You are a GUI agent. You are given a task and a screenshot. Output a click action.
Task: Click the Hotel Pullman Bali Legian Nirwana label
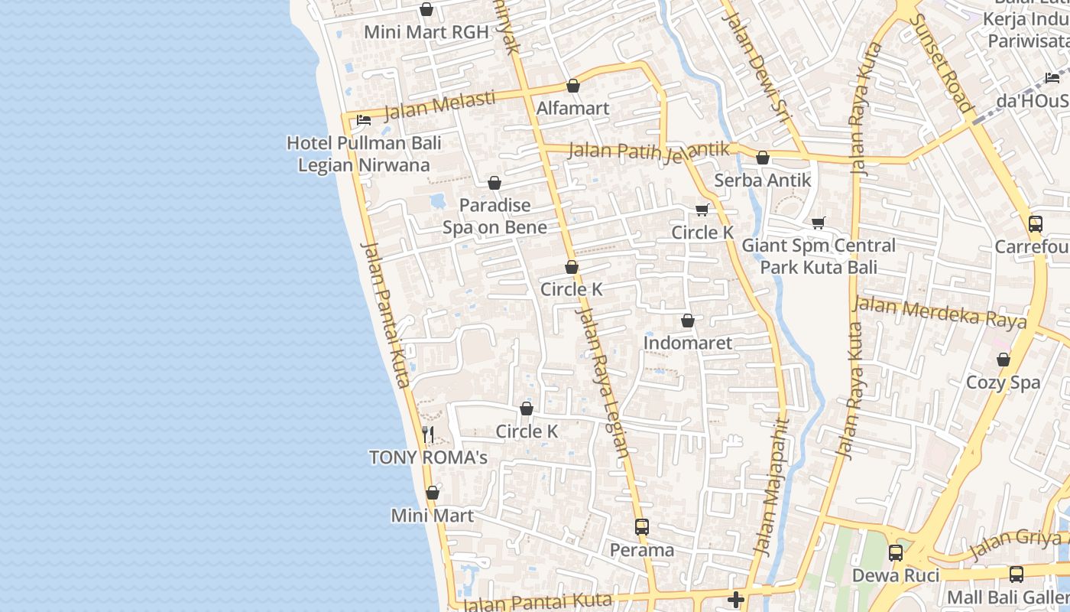[x=364, y=154]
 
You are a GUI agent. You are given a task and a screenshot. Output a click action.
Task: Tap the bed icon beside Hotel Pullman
[x=364, y=120]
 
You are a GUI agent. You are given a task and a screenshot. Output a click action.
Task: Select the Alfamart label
[x=572, y=108]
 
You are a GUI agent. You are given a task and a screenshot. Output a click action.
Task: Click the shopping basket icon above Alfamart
[x=573, y=86]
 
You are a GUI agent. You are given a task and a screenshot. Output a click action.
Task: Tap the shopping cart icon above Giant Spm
[x=819, y=223]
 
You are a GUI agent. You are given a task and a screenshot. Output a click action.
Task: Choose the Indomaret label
[x=687, y=343]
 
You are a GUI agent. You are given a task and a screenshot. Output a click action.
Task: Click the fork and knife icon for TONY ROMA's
[x=428, y=435]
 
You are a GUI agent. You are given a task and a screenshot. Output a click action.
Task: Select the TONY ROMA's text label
[x=428, y=457]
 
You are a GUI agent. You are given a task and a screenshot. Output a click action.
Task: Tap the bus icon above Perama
[x=642, y=527]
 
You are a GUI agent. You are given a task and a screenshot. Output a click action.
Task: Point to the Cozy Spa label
[x=1003, y=382]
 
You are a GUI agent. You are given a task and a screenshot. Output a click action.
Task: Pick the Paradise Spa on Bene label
[x=495, y=216]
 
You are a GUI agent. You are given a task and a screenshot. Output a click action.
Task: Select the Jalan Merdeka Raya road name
[x=939, y=312]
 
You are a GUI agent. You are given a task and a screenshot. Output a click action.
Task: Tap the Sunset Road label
[x=943, y=63]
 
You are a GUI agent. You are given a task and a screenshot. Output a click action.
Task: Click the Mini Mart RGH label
[x=426, y=32]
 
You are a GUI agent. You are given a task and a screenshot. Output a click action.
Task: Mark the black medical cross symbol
[x=736, y=600]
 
